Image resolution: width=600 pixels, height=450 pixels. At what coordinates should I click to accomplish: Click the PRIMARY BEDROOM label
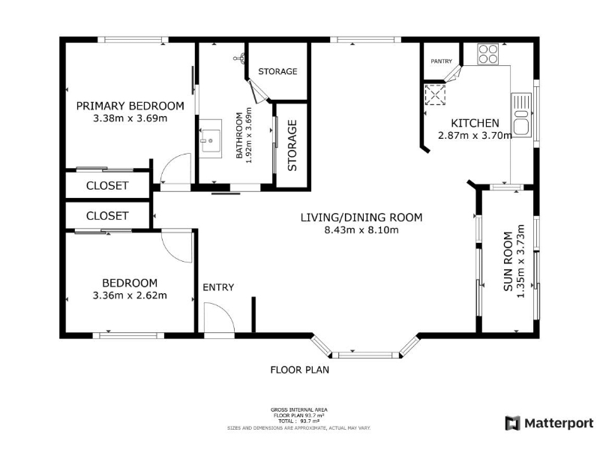(x=130, y=106)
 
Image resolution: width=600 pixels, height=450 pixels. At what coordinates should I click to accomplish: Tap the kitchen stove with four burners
(x=487, y=54)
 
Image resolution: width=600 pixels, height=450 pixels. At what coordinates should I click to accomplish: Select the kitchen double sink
(x=521, y=115)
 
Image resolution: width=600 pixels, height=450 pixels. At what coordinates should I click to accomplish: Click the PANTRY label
(x=441, y=61)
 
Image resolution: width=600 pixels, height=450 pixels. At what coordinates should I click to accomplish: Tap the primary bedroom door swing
(x=175, y=169)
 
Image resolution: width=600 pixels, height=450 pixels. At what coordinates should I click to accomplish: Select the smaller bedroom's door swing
(x=177, y=247)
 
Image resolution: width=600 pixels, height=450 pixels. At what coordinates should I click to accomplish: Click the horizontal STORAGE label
(x=277, y=71)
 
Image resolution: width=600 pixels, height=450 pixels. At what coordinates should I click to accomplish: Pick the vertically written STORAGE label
(x=292, y=145)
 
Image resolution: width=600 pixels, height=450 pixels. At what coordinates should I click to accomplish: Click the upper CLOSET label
(x=107, y=185)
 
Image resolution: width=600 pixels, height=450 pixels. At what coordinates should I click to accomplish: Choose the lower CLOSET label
(x=107, y=216)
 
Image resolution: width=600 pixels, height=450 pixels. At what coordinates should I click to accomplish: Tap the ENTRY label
(x=218, y=287)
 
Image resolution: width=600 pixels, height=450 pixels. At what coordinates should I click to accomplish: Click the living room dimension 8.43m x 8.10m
(x=361, y=230)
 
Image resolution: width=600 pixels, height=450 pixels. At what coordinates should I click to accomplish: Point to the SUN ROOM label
(x=508, y=261)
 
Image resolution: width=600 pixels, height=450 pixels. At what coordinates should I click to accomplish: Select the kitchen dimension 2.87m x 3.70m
(x=475, y=135)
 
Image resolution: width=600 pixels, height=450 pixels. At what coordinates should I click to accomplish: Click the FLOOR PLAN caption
(x=299, y=370)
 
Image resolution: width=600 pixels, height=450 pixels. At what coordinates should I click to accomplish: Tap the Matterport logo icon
(x=513, y=423)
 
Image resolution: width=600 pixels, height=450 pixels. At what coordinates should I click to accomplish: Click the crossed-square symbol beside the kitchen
(x=435, y=94)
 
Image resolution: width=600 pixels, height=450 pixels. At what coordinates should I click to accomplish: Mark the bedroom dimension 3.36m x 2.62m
(x=130, y=295)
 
